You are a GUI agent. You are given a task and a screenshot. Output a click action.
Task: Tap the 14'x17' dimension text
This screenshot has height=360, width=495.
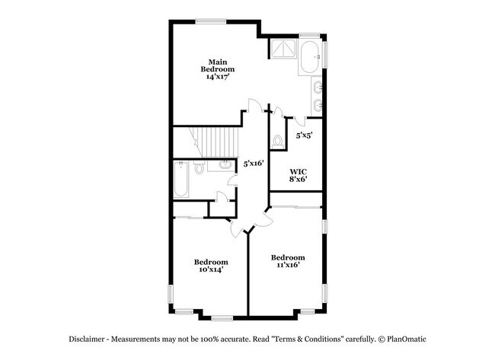(x=217, y=77)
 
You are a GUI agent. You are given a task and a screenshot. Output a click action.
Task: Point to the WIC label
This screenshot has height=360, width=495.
(x=298, y=171)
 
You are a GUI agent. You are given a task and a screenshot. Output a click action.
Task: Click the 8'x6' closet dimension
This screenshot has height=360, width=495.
(x=298, y=180)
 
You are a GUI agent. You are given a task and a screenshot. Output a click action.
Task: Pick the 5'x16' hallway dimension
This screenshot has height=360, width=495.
(x=253, y=163)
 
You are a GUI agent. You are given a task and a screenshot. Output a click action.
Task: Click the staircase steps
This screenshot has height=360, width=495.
(x=205, y=142)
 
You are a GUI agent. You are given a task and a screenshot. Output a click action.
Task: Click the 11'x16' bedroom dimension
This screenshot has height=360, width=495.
(x=288, y=265)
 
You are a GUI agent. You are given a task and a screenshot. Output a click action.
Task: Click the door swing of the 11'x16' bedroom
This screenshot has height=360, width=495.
(x=262, y=218)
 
